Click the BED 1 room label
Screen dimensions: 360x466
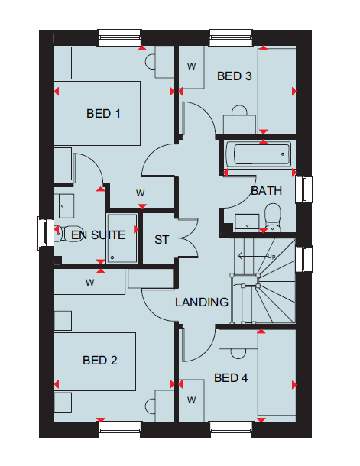click(x=103, y=114)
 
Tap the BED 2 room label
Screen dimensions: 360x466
click(x=100, y=361)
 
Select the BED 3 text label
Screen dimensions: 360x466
click(x=234, y=76)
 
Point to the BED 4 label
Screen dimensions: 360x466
click(x=231, y=377)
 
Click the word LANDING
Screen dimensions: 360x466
click(x=202, y=303)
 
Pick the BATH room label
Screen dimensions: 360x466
click(x=266, y=191)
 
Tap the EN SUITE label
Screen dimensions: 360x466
click(x=98, y=235)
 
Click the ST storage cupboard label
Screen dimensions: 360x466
click(x=161, y=240)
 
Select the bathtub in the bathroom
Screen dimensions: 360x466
click(x=258, y=154)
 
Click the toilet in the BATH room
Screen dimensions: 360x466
click(x=272, y=217)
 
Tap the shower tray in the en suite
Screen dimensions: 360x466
click(x=122, y=238)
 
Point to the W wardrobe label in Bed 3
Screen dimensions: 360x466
click(x=191, y=66)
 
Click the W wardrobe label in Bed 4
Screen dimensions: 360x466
click(x=191, y=400)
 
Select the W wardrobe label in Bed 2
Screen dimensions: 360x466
click(x=89, y=283)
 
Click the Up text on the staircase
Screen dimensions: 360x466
click(x=271, y=256)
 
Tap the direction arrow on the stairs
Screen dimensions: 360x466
click(x=253, y=256)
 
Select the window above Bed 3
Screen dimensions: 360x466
click(x=231, y=37)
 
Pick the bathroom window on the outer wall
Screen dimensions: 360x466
click(x=303, y=189)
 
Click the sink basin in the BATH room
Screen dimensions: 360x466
click(x=247, y=222)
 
